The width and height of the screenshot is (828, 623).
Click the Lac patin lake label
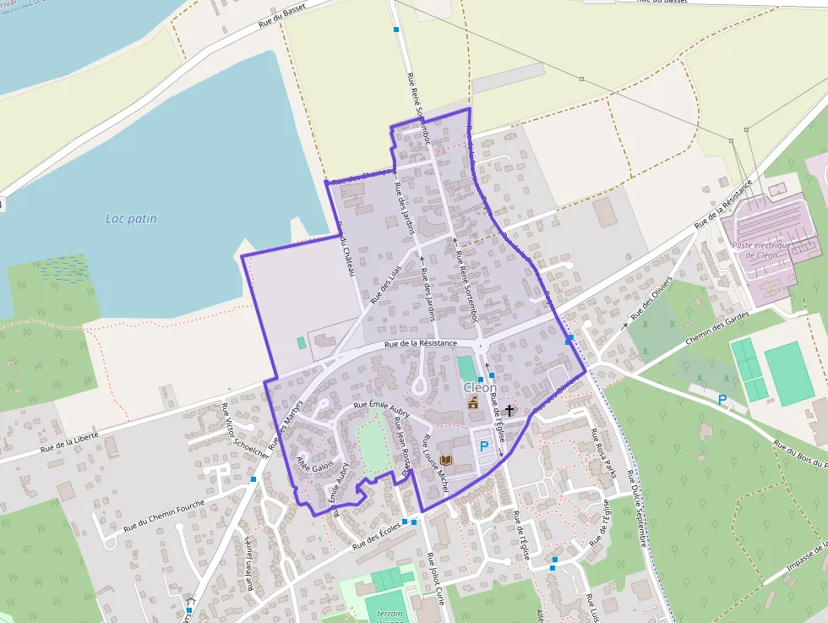(x=131, y=219)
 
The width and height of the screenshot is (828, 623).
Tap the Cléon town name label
(x=480, y=387)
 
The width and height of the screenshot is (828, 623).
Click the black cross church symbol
(x=509, y=411)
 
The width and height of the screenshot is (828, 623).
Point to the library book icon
(x=446, y=460)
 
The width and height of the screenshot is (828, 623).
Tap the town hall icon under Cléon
(x=473, y=402)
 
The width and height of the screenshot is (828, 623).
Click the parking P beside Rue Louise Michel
(x=484, y=445)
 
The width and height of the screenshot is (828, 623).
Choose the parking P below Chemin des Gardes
(x=722, y=400)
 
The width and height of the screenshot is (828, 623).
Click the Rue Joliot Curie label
(x=436, y=580)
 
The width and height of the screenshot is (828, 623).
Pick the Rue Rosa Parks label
(x=602, y=456)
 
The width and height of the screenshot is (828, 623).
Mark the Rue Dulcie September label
(x=637, y=507)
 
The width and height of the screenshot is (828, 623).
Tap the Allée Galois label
(x=314, y=467)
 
